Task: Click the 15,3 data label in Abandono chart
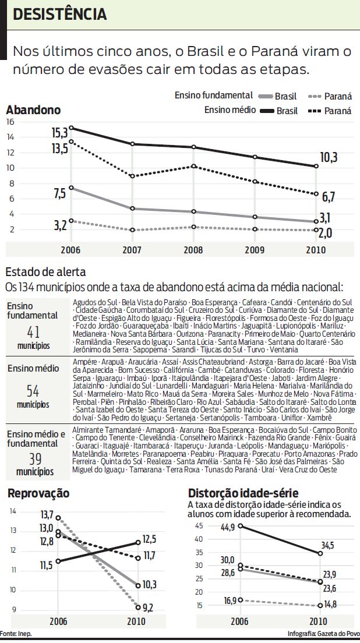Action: point(60,133)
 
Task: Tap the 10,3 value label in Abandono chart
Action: point(328,157)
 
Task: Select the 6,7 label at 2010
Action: point(329,195)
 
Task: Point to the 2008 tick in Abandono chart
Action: point(193,249)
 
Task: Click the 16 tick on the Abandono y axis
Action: point(9,122)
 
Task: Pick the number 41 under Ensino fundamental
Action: point(33,333)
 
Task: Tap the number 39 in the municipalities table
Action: point(33,458)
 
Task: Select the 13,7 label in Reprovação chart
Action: point(47,515)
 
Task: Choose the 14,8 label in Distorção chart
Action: point(331,604)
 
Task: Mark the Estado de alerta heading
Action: point(45,272)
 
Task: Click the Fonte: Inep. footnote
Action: point(16,634)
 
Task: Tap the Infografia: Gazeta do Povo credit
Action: point(323,634)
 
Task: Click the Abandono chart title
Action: point(33,109)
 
